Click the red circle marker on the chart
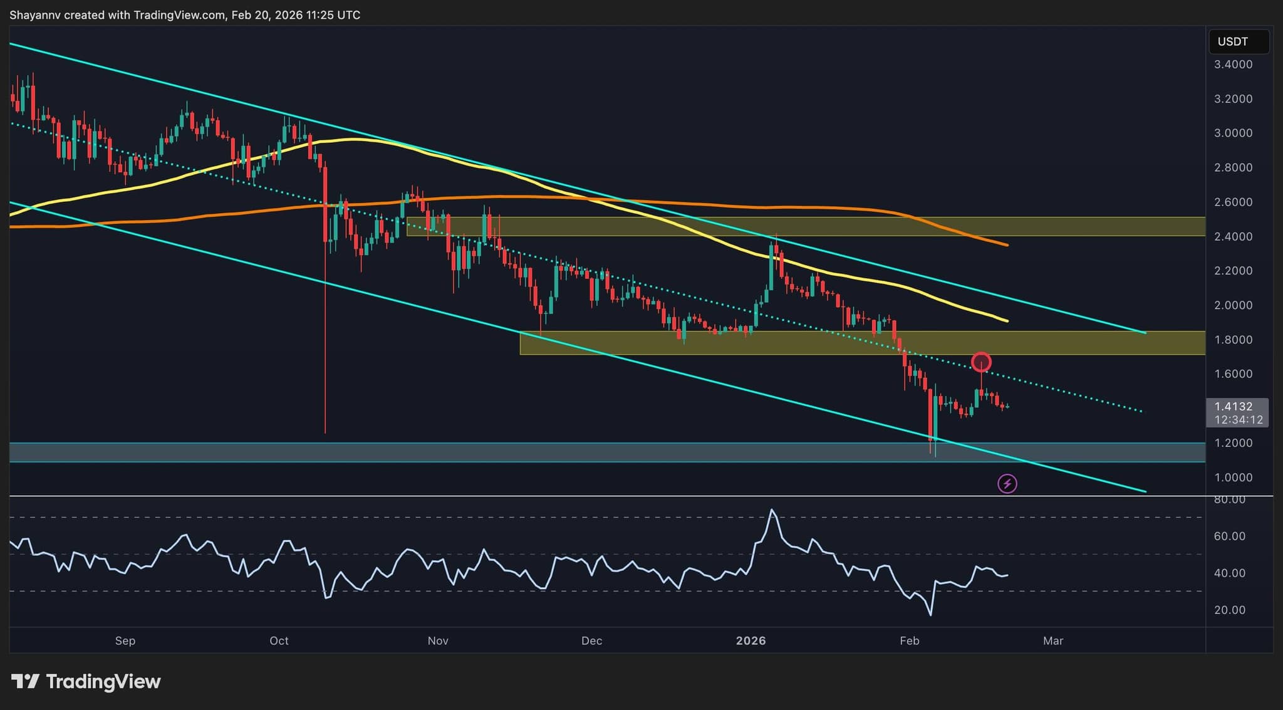click(x=981, y=362)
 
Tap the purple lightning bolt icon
click(x=1007, y=484)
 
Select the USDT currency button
click(x=1233, y=42)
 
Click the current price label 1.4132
click(x=1233, y=407)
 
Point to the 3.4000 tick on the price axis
click(x=1233, y=65)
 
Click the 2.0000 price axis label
click(x=1233, y=305)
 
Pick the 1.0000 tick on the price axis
click(x=1233, y=478)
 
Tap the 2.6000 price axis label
click(x=1233, y=202)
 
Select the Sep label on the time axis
click(x=125, y=640)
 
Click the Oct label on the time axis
click(x=279, y=640)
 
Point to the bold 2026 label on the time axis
click(x=751, y=640)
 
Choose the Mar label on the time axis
click(x=1053, y=640)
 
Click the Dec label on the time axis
click(x=591, y=640)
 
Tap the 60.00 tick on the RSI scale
click(x=1230, y=536)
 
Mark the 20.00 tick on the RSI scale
click(x=1230, y=610)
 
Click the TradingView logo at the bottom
click(x=86, y=681)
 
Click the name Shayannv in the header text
click(x=35, y=15)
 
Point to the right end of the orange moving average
click(x=1007, y=244)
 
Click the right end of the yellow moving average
click(x=1007, y=321)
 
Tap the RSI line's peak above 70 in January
click(x=772, y=510)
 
